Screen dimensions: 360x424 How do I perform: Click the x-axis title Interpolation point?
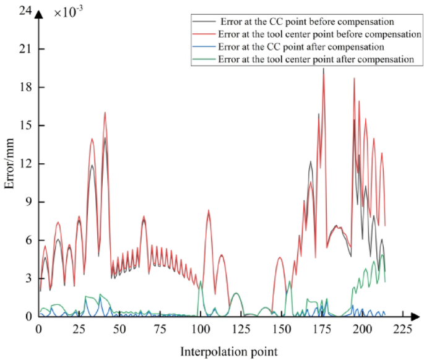229,351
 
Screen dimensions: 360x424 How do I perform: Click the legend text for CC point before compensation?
307,22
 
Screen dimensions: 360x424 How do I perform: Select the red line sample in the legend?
199,35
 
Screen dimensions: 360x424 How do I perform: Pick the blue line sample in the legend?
199,47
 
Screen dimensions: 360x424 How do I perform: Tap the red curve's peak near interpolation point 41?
105,113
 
